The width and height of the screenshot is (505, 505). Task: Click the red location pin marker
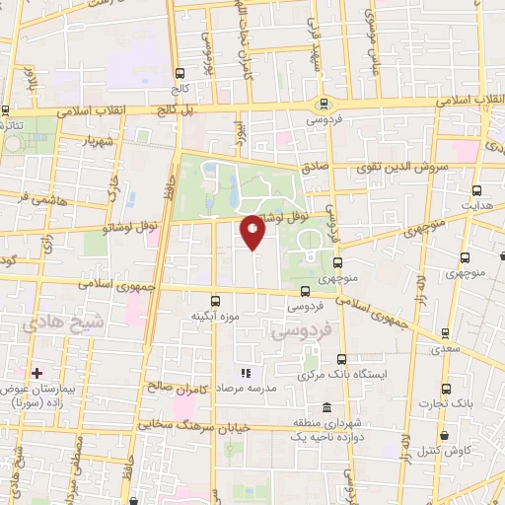click(x=253, y=233)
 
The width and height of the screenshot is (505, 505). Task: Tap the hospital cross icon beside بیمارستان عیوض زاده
click(x=37, y=374)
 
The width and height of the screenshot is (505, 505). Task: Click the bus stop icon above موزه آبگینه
click(x=215, y=300)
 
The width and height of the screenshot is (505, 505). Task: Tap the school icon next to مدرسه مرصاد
click(x=245, y=374)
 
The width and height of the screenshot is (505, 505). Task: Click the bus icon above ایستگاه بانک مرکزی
click(x=341, y=359)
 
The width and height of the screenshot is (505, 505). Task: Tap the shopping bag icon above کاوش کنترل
click(x=445, y=435)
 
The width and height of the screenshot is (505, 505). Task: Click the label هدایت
click(x=478, y=208)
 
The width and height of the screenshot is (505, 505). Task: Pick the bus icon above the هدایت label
click(x=477, y=191)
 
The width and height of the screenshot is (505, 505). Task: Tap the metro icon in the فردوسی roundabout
click(x=323, y=104)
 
